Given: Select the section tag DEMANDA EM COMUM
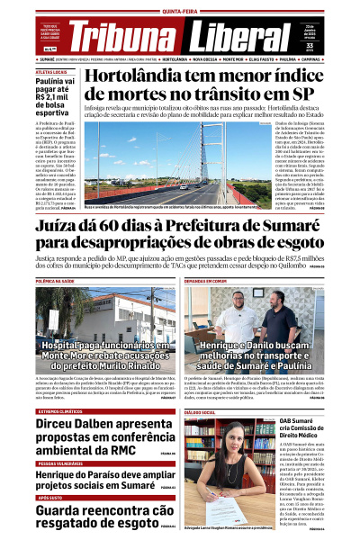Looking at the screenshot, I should [x=206, y=281].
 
